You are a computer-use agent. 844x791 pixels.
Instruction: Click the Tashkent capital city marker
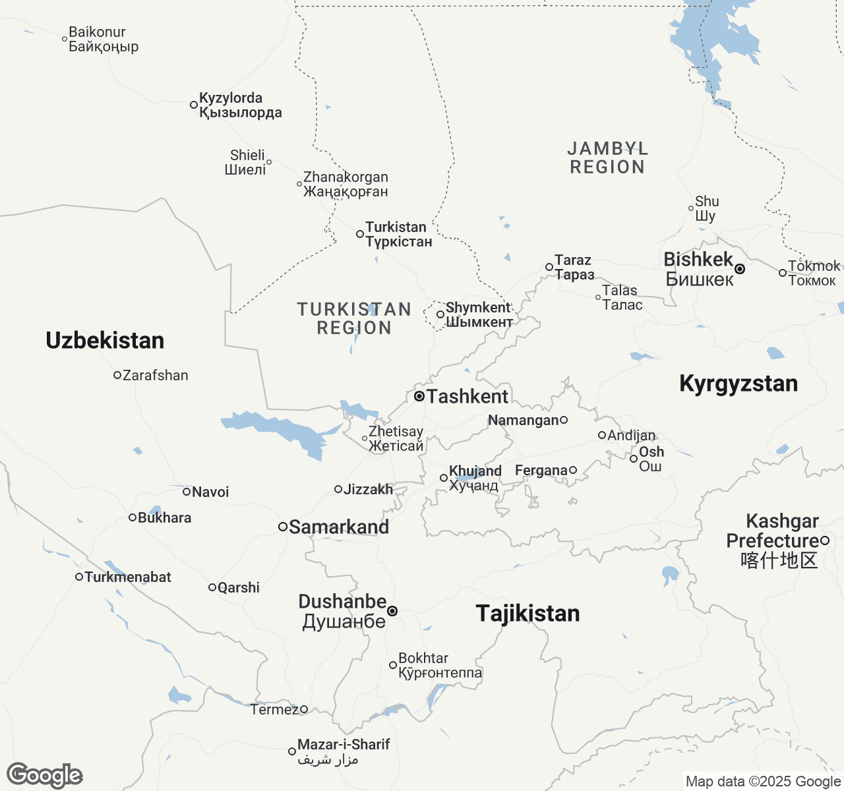(x=419, y=396)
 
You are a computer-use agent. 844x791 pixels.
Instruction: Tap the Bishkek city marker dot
(x=740, y=269)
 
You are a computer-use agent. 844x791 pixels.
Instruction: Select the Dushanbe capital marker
(x=392, y=611)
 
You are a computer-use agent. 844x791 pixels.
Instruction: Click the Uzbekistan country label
(x=105, y=341)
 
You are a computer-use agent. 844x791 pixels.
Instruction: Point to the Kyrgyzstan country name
(x=738, y=384)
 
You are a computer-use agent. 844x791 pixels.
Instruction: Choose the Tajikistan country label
(x=527, y=614)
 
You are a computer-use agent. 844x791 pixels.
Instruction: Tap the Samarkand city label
(x=339, y=527)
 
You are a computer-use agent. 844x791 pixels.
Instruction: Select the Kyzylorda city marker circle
(x=194, y=105)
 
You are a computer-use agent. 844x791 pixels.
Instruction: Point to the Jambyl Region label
(x=607, y=158)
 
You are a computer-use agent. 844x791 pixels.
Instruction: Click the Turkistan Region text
(x=354, y=318)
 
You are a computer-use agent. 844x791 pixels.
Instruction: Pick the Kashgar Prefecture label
(x=773, y=541)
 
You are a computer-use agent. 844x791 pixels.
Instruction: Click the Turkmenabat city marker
(x=79, y=577)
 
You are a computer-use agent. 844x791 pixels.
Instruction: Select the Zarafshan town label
(x=156, y=376)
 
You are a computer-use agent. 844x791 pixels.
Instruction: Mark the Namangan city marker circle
(x=564, y=420)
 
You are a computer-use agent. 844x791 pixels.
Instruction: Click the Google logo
(x=44, y=775)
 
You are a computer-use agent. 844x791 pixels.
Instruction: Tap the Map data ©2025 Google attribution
(x=762, y=782)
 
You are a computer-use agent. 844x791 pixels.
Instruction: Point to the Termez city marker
(x=304, y=709)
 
